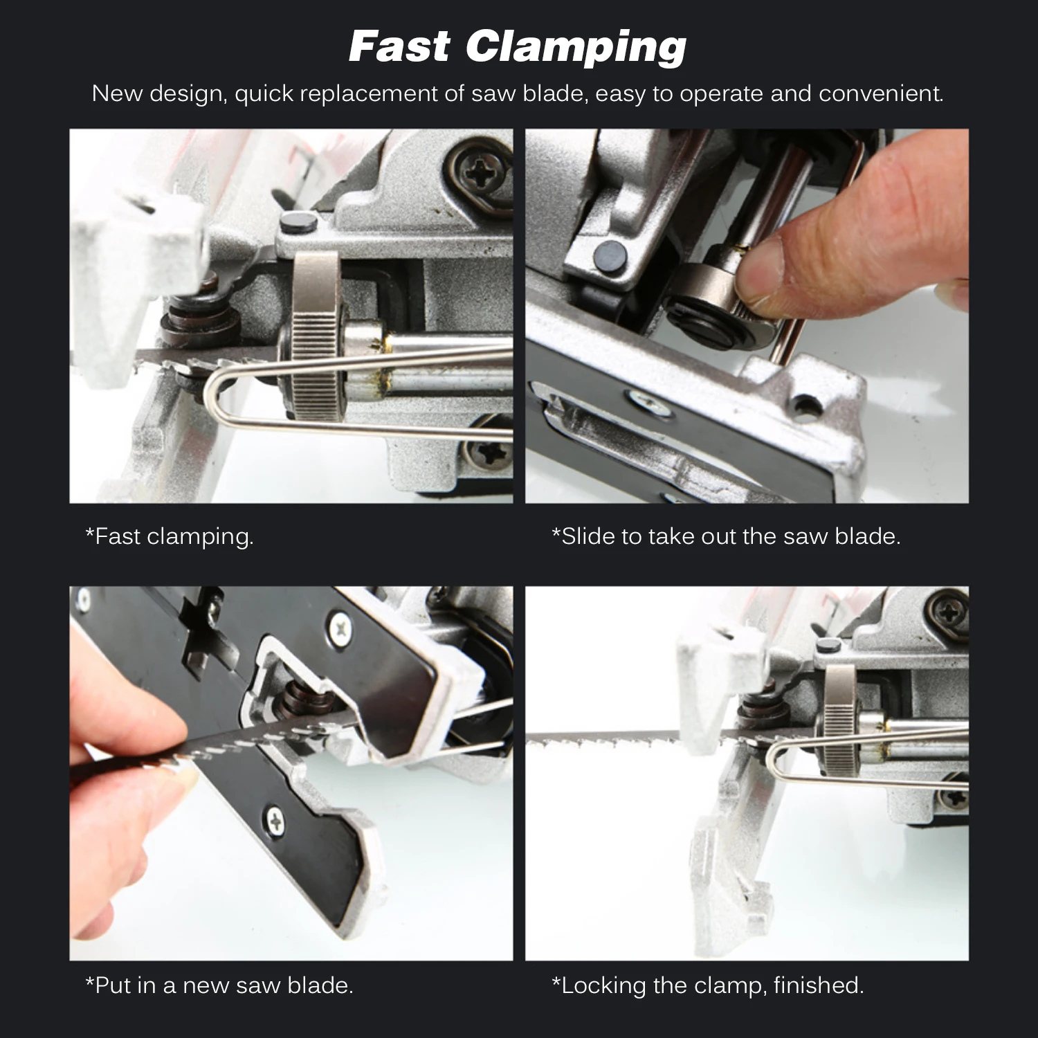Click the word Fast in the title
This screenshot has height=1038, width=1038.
click(x=399, y=46)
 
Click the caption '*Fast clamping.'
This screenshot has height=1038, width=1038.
click(x=170, y=537)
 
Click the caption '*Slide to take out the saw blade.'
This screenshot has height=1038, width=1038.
click(x=726, y=536)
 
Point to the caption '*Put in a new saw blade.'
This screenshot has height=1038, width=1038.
click(x=219, y=985)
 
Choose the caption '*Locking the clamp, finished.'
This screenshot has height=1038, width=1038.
click(x=707, y=985)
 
